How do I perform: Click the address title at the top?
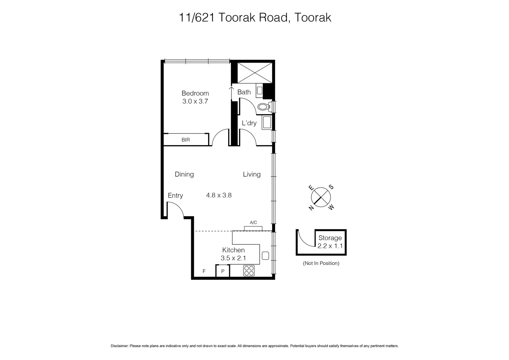255,17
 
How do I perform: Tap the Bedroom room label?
195,93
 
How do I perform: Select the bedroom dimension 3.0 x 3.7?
195,102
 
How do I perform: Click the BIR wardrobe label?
186,140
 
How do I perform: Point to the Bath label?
244,92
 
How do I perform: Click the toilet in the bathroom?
264,107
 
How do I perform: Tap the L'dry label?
249,123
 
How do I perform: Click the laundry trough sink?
267,123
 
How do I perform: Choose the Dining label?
184,174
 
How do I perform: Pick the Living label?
252,174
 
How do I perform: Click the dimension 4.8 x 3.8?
219,195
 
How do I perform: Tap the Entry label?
175,196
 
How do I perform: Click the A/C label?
253,223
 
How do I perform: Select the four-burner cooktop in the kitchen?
249,270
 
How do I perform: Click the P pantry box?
223,271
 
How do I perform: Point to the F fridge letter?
204,271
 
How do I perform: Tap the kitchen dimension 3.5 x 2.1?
233,258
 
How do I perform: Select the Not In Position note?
321,263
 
